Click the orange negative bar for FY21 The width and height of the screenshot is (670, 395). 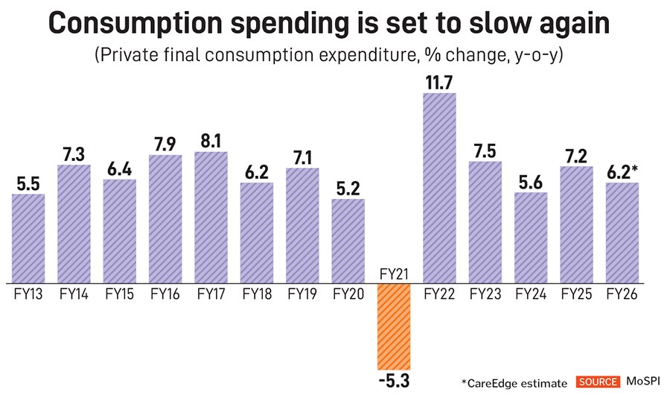394,325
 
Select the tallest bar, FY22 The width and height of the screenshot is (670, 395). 439,188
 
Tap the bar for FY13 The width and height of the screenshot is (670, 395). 29,238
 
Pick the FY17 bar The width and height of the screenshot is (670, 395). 211,217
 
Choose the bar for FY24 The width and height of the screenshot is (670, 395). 531,238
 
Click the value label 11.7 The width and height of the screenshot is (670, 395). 440,80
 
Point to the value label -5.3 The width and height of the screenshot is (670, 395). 394,381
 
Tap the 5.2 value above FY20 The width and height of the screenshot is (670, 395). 348,186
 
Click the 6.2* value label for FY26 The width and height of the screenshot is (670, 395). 624,171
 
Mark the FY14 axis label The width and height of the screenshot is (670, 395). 74,294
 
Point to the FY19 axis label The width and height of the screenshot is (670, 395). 302,294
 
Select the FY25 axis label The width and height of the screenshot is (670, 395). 576,294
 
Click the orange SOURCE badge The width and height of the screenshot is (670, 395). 597,382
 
